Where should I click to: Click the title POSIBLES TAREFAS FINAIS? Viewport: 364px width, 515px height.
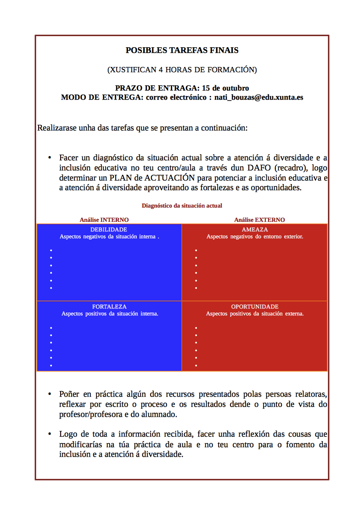coord(182,50)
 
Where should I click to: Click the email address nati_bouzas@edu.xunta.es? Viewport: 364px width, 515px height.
coord(259,97)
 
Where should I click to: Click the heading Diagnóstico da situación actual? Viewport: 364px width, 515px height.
coord(182,206)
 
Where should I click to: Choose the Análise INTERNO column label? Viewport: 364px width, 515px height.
coord(104,220)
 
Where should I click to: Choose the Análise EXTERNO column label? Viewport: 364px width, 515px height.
coord(259,220)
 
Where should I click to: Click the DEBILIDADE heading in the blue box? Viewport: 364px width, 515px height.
coord(109,230)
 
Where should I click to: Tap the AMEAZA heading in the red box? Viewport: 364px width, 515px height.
coord(255,230)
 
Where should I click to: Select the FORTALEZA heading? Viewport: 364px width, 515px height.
coord(109,307)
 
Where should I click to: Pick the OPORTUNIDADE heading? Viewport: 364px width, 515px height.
coord(255,307)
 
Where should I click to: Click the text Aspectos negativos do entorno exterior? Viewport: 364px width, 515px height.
coord(255,237)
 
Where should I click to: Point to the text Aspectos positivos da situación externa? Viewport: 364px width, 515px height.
coord(255,314)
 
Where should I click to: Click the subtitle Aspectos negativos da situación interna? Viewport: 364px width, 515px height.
coord(109,237)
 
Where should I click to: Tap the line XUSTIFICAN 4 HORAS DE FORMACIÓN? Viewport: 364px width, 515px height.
coord(182,70)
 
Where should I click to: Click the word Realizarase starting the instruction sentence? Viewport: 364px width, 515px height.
coord(57,128)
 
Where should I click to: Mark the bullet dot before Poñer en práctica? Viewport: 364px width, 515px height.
coord(50,394)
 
